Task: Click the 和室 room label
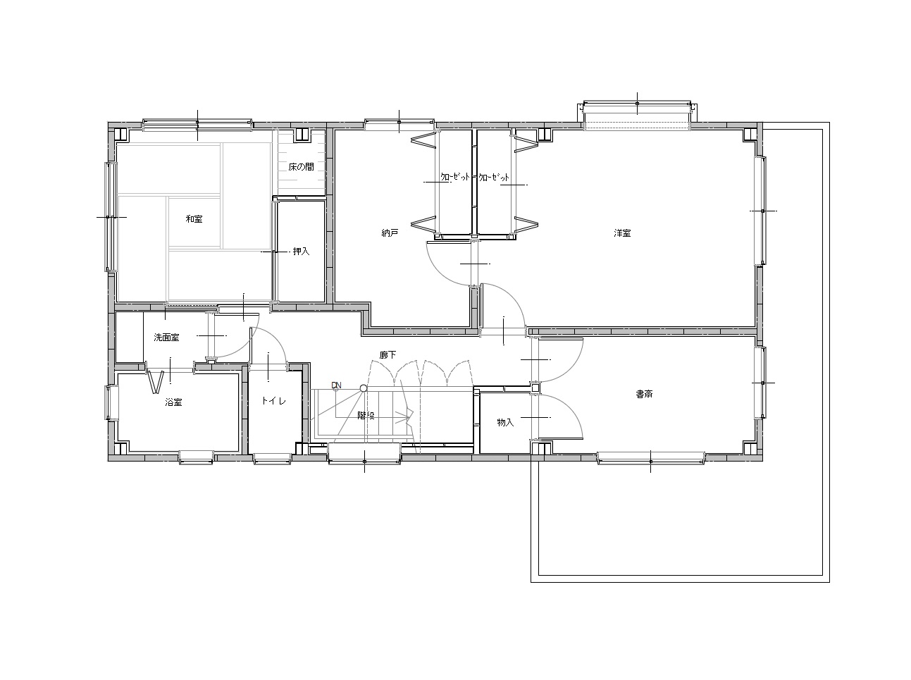pos(194,219)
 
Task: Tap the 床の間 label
pos(302,167)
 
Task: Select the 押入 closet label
pos(302,252)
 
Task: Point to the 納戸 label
pos(390,233)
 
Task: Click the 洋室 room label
pos(622,233)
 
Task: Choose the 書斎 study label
pos(644,394)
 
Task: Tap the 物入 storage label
pos(505,423)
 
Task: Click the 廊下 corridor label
pos(388,354)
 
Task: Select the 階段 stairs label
pos(366,415)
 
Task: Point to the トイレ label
pos(274,401)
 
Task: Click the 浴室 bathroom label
pos(173,402)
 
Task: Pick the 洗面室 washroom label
pos(166,338)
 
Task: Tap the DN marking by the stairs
pos(336,386)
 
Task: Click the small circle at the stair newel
pos(363,388)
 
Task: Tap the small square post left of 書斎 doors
pos(535,388)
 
